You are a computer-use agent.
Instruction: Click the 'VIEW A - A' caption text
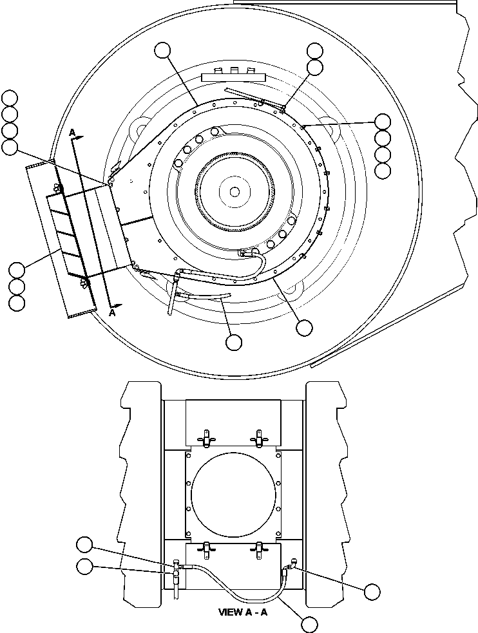pyautogui.click(x=242, y=612)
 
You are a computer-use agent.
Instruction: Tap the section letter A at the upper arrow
pyautogui.click(x=73, y=132)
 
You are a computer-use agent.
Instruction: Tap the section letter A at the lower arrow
pyautogui.click(x=112, y=313)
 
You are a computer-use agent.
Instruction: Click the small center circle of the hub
pyautogui.click(x=234, y=191)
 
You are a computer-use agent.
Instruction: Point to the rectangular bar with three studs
pyautogui.click(x=234, y=76)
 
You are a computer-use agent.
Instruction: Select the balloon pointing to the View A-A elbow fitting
pyautogui.click(x=372, y=591)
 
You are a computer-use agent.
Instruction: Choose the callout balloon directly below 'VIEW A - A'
pyautogui.click(x=309, y=624)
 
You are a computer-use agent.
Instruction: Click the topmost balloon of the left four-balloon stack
pyautogui.click(x=10, y=98)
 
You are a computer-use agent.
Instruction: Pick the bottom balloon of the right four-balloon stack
pyautogui.click(x=383, y=171)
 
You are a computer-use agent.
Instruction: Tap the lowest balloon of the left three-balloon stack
pyautogui.click(x=17, y=302)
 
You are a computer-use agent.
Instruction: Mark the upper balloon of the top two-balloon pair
pyautogui.click(x=315, y=51)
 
